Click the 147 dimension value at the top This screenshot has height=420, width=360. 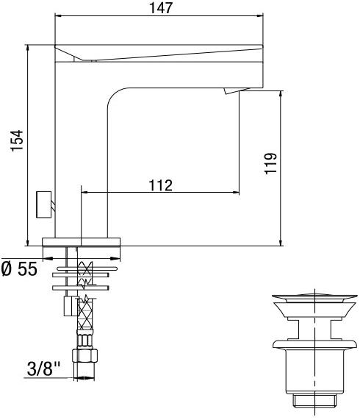point(159,8)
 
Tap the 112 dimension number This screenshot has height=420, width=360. point(159,185)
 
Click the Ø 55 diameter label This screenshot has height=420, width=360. point(19,269)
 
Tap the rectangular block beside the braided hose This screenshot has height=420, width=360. point(69,305)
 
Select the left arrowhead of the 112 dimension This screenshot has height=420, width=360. point(82,193)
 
